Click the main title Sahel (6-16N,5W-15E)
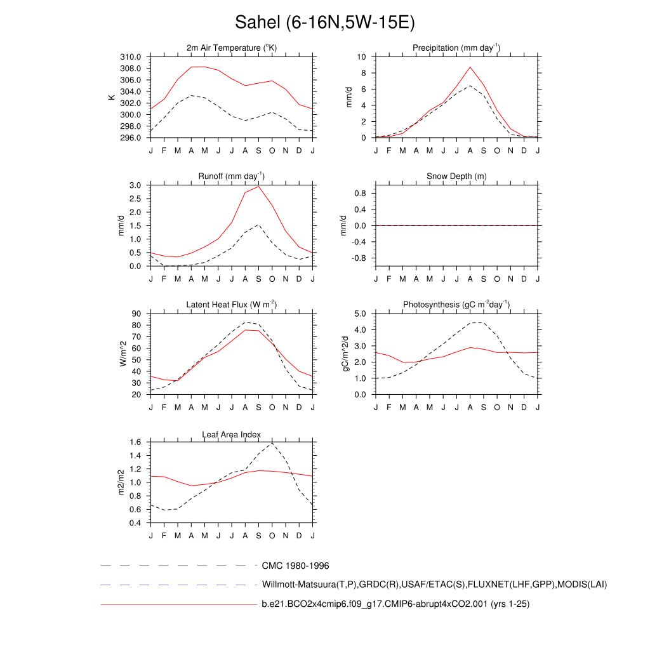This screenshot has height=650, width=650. click(324, 23)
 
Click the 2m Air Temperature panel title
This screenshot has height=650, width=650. click(232, 48)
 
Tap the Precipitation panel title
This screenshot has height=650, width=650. click(456, 48)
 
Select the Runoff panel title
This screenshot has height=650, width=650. click(232, 176)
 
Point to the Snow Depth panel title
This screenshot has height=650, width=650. click(456, 176)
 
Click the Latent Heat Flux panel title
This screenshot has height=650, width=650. click(232, 305)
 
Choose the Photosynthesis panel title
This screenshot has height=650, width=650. click(456, 305)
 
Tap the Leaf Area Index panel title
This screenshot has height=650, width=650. click(232, 435)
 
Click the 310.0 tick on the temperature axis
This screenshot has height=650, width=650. click(131, 57)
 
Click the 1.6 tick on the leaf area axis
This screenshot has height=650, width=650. click(135, 442)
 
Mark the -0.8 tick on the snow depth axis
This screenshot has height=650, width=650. click(359, 258)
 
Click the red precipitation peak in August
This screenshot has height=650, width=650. click(470, 67)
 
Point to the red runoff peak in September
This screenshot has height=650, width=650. click(258, 187)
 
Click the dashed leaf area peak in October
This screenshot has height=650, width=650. click(272, 443)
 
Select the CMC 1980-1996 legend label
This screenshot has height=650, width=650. click(295, 566)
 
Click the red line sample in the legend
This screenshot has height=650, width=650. click(178, 605)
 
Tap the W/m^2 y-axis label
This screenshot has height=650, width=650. click(123, 354)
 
